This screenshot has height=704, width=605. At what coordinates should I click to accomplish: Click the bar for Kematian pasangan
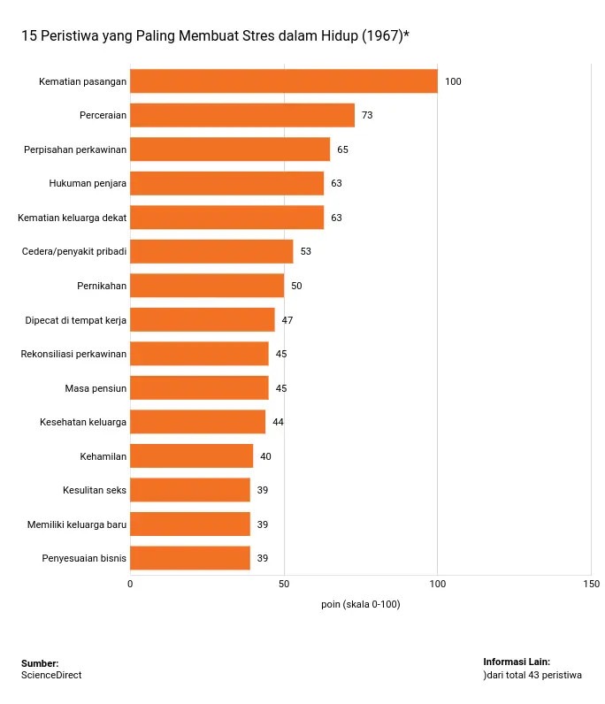[283, 81]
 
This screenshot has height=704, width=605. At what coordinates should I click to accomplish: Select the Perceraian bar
[241, 115]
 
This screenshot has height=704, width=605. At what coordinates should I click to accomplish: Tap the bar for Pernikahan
[206, 286]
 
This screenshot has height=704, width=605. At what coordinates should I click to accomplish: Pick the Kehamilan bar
[191, 456]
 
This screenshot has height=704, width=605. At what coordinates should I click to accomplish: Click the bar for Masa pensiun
[199, 388]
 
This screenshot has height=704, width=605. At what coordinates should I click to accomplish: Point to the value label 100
[453, 81]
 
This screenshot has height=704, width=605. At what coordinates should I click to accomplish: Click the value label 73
[367, 115]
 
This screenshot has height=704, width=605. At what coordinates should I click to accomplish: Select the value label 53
[305, 251]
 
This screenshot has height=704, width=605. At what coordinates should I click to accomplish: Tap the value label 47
[287, 320]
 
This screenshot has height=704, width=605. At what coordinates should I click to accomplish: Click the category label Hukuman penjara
[88, 183]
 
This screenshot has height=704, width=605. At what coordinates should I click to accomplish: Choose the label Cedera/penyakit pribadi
[74, 251]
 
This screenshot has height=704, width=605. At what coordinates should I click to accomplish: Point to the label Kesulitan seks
[95, 490]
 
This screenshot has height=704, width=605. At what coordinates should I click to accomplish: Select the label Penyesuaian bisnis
[84, 558]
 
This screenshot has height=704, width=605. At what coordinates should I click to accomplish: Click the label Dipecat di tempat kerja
[76, 320]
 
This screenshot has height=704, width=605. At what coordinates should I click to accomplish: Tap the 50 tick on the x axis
[283, 584]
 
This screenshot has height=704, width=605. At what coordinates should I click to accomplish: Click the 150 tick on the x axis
[591, 584]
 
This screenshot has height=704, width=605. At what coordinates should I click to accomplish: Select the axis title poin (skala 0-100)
[361, 604]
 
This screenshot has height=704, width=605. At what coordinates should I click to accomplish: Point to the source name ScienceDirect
[51, 675]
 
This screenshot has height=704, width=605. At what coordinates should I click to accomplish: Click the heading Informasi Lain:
[517, 662]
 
